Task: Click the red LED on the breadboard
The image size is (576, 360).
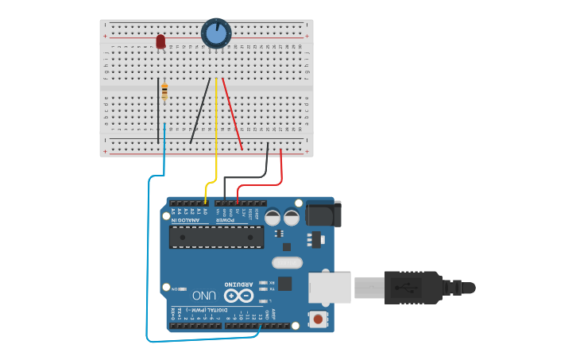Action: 160,41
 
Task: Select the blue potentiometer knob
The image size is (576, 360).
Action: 216,34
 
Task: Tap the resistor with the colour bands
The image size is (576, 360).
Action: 164,91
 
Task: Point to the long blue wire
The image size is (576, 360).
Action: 149,262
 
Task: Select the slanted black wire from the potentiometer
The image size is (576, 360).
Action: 200,111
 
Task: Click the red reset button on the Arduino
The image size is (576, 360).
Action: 318,319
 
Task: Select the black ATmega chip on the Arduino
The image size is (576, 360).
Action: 216,237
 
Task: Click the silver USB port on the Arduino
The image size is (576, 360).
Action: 329,287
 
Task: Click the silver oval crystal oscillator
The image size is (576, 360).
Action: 287,262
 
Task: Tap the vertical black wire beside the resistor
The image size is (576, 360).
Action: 157,111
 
